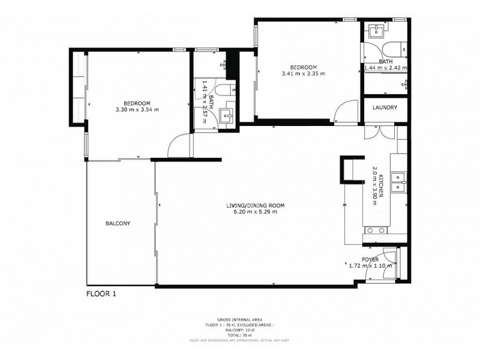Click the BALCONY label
[118, 223]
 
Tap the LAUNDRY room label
[383, 107]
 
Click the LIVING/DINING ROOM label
[255, 206]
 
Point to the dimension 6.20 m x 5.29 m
[255, 212]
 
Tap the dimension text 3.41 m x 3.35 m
[303, 74]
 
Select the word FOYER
[370, 259]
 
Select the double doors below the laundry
[379, 131]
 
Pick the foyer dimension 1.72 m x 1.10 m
[370, 266]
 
